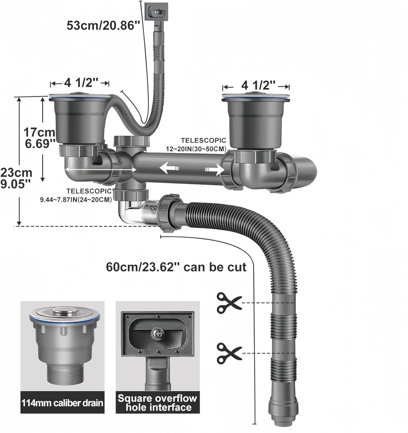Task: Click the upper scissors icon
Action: (229, 303)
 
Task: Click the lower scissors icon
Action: (229, 353)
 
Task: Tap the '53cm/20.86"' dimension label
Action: (103, 25)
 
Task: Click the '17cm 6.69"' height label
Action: (39, 138)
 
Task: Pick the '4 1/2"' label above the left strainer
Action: (80, 82)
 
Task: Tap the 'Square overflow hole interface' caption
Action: (157, 403)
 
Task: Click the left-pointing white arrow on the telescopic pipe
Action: (168, 169)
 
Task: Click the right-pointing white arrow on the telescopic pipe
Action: (215, 170)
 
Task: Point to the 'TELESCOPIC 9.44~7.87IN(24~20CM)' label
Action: (76, 195)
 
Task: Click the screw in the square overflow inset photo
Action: (157, 333)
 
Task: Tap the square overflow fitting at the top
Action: (156, 11)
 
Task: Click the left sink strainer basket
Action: (77, 118)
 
